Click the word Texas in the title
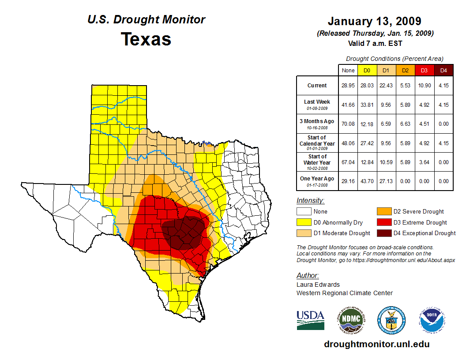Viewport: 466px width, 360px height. pos(146,39)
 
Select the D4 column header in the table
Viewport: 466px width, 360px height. pos(443,70)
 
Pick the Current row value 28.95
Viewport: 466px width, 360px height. pos(348,86)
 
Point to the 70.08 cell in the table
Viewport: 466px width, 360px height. pos(348,124)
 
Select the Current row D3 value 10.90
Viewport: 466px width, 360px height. pos(424,86)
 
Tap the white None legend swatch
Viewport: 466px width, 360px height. pos(304,212)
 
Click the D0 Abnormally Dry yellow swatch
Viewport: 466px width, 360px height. pos(304,222)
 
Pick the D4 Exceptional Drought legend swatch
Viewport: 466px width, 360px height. pos(383,233)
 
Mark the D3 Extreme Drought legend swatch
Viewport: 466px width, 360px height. pos(383,222)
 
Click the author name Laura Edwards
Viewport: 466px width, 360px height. pos(318,285)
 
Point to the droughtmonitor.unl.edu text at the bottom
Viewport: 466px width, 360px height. pos(376,344)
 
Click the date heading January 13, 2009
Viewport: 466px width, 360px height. pos(374,21)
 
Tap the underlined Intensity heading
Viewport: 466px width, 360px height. pos(310,201)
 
